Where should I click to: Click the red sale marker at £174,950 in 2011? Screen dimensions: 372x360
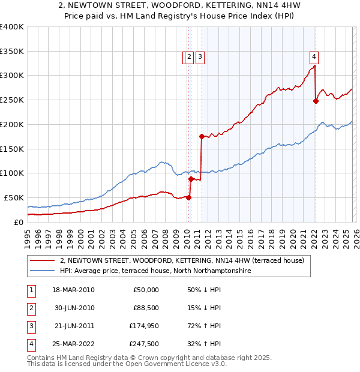point(202,136)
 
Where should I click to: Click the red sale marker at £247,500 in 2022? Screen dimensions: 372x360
point(316,101)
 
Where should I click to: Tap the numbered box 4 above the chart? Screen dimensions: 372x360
point(314,58)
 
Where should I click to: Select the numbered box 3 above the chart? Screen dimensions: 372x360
point(200,58)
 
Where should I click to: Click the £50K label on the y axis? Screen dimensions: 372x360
point(14,197)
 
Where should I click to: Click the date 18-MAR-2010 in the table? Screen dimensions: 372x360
point(73,290)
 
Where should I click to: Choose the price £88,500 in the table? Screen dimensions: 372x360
point(145,308)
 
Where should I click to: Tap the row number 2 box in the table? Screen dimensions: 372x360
point(31,308)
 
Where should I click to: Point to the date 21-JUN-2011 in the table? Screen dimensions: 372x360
point(73,326)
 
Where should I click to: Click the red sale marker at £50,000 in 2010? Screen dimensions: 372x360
point(188,197)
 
